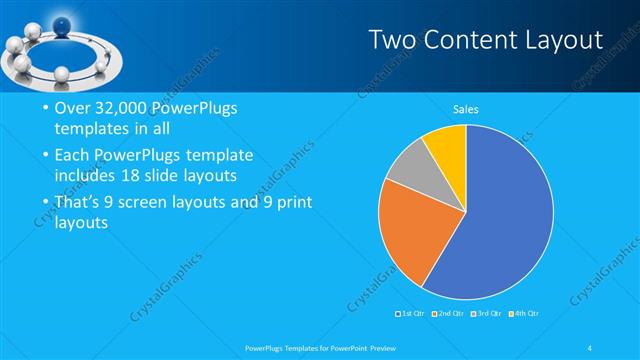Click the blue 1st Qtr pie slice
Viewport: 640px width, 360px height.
coord(500,220)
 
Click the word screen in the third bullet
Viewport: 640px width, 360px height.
coord(147,202)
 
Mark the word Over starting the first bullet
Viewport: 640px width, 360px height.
coord(67,109)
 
